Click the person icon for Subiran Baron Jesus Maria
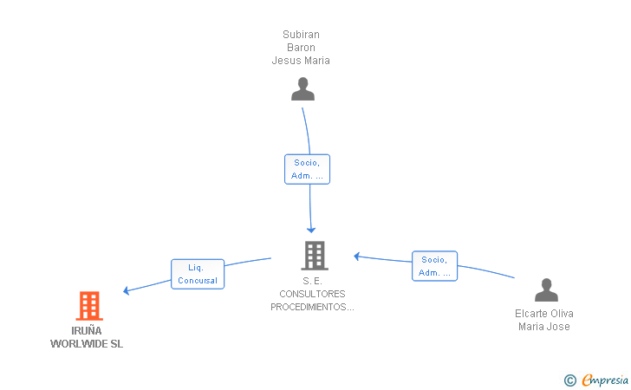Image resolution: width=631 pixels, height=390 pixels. (302, 89)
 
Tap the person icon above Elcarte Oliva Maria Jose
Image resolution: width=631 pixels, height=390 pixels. (546, 289)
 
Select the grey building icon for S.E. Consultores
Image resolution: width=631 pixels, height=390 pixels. (315, 256)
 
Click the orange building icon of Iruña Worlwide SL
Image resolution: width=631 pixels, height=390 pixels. (89, 306)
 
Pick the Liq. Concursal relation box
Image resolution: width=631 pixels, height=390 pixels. (198, 274)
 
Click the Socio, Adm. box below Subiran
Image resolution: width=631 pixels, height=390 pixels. (307, 170)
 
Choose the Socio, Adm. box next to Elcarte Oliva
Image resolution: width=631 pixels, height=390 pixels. (434, 266)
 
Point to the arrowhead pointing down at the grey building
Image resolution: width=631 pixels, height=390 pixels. (311, 231)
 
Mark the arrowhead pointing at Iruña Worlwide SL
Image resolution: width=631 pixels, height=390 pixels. (126, 290)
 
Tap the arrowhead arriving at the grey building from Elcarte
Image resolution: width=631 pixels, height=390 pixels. (356, 257)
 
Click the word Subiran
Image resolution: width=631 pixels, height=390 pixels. (301, 35)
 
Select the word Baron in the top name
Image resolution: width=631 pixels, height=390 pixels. (301, 48)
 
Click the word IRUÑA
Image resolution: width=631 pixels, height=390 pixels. (87, 331)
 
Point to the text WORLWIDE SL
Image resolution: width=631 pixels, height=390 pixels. (87, 344)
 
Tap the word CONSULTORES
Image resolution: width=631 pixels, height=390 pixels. (312, 294)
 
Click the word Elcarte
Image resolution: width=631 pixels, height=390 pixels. (530, 314)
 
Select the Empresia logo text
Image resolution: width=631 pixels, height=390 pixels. (605, 380)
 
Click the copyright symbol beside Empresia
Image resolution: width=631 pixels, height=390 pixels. (570, 380)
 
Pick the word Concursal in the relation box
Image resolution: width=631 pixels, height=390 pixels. (198, 281)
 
